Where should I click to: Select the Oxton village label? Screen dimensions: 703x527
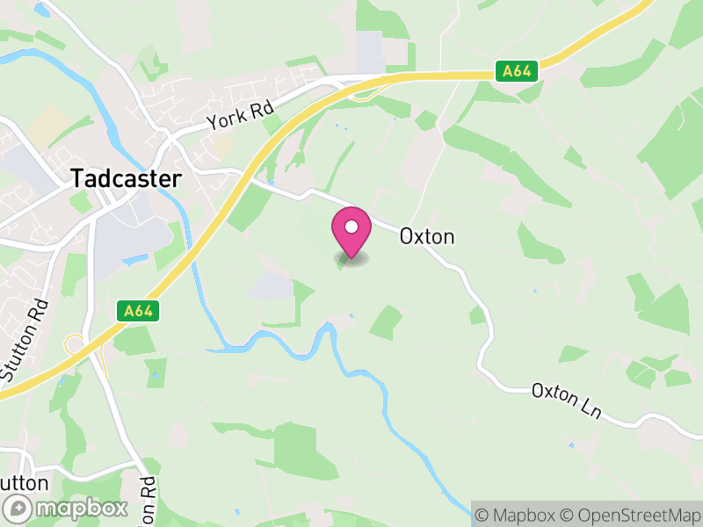tap(427, 236)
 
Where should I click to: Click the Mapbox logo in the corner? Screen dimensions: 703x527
tap(67, 508)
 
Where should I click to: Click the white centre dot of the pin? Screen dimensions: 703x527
tap(351, 227)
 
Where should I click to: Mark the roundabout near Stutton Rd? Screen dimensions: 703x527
tap(74, 343)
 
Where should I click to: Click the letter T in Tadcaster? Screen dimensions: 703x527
tap(76, 178)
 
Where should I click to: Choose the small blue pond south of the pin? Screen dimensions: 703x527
tap(351, 315)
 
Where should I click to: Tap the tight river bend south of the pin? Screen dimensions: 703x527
tap(327, 332)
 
